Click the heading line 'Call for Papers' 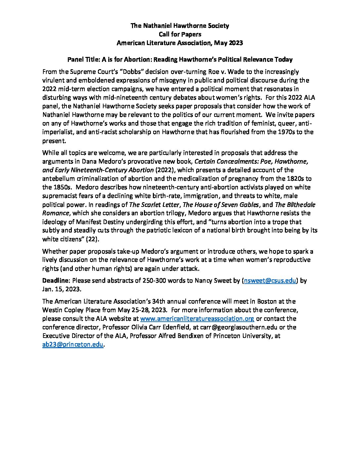pos(180,34)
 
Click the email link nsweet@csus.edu pos(270,281)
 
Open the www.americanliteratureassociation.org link pos(197,319)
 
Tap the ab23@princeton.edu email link pos(73,345)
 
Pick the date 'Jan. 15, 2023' pos(61,289)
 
